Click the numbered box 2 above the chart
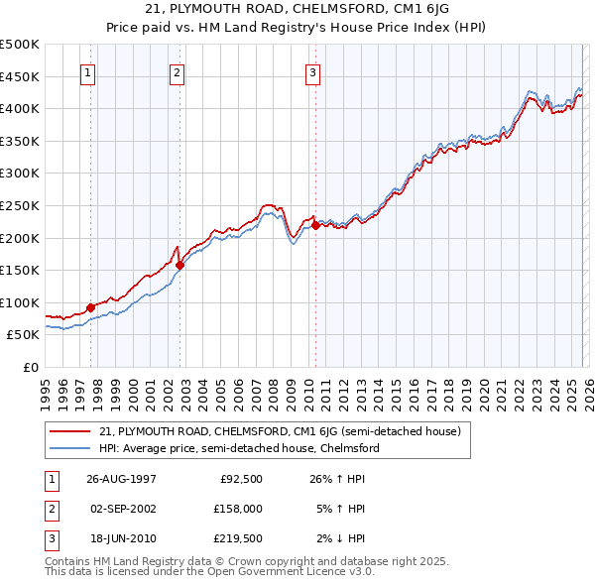(x=177, y=71)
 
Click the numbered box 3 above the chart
(x=312, y=71)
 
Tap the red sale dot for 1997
(x=91, y=307)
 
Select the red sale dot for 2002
(x=179, y=265)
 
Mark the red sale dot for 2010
(x=315, y=225)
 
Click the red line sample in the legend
(x=71, y=431)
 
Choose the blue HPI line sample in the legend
(x=71, y=448)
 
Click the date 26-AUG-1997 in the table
(x=122, y=479)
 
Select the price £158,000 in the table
(x=238, y=509)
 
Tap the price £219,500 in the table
(x=238, y=538)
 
